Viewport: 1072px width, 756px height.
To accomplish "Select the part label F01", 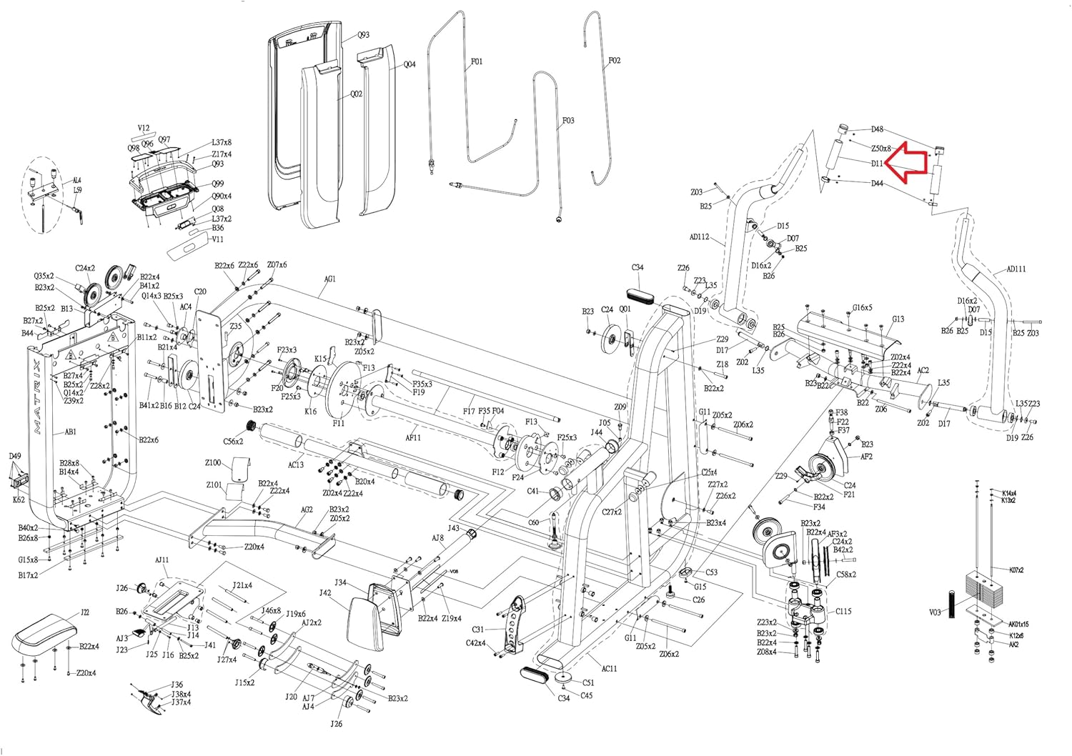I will tap(477, 61).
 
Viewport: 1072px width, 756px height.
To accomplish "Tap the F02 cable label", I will tap(615, 61).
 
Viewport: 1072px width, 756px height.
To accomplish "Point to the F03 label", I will tap(568, 121).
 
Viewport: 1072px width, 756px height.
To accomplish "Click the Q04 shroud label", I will tap(410, 64).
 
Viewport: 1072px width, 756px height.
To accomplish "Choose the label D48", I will tap(877, 129).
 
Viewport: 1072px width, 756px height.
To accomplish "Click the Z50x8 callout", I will tap(881, 149).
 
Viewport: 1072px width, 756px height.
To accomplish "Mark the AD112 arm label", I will tap(700, 237).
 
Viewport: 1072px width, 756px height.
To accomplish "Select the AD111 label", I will tap(1016, 269).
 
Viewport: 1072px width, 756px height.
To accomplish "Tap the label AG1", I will tap(329, 279).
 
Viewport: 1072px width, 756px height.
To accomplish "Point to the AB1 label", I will tap(71, 432).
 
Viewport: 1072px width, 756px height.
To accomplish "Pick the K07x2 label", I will tap(1016, 570).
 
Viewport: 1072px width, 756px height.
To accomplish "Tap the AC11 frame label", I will tap(609, 668).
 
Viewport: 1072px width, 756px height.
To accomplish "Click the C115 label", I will tap(843, 611).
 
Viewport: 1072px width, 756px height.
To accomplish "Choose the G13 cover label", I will tap(898, 319).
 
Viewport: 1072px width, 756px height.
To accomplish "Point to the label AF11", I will tap(413, 437).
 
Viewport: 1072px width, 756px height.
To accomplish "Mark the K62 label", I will tap(19, 499).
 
